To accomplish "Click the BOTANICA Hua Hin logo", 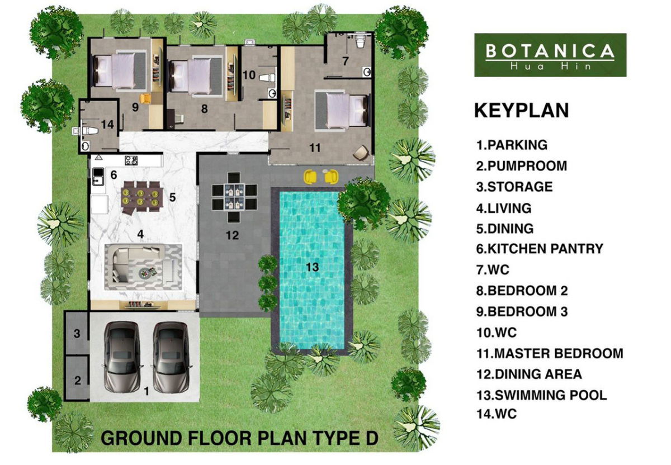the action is click(550, 55).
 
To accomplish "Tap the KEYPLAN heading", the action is click(521, 111).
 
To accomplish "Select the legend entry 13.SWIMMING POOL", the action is click(542, 395).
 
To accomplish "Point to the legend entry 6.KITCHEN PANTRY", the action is click(540, 249).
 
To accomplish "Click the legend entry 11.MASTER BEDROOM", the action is click(550, 353).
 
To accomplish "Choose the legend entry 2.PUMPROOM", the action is click(522, 166).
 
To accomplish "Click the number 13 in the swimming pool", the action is click(312, 267).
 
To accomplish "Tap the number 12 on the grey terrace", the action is click(232, 235).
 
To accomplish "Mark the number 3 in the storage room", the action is click(77, 334).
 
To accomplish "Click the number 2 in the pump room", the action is click(78, 380).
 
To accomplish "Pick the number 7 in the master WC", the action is click(346, 61).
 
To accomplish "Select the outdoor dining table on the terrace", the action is click(234, 197).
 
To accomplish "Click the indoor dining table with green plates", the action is click(141, 197).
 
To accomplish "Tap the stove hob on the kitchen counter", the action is click(131, 160).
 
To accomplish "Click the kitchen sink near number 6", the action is click(98, 176).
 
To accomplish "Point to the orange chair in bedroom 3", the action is click(145, 98).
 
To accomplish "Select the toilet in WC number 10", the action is click(267, 78).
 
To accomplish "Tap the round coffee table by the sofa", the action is click(144, 272).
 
